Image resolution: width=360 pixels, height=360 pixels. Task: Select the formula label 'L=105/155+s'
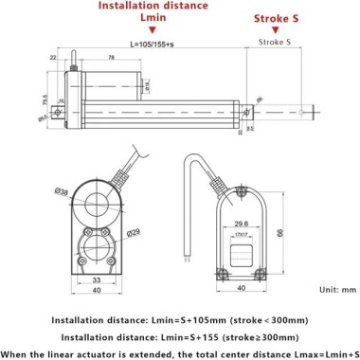coord(131,44)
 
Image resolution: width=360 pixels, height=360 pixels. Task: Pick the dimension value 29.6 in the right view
coord(239,225)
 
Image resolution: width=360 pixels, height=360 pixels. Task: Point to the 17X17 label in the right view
coord(239,236)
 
